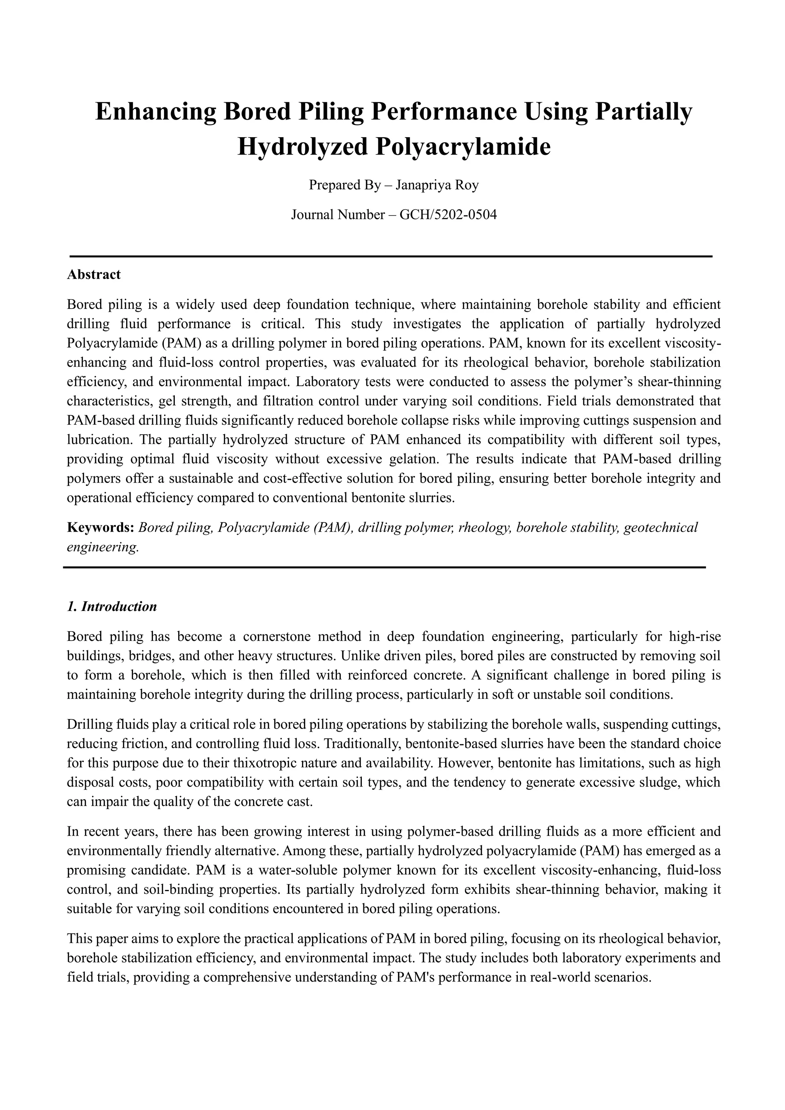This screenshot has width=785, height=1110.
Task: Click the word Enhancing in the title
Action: (x=155, y=112)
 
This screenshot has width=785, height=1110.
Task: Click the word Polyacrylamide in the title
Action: (x=462, y=146)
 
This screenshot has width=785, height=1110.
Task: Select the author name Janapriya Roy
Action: (x=437, y=185)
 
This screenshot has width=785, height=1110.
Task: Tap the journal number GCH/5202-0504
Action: (x=448, y=215)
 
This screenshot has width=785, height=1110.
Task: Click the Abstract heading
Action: (x=94, y=274)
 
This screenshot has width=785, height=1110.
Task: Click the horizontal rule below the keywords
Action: (x=384, y=567)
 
